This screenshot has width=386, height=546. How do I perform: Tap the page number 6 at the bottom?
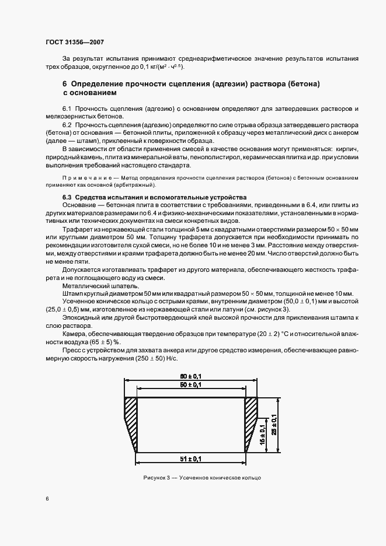48,499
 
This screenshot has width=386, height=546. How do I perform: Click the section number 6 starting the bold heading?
65,84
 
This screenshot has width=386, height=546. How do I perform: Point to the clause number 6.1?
67,109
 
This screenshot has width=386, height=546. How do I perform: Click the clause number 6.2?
67,125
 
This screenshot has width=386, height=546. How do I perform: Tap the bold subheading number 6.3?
67,197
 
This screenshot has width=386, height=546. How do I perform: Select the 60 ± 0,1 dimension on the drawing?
191,376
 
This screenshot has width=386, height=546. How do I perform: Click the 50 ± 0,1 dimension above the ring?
191,386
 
